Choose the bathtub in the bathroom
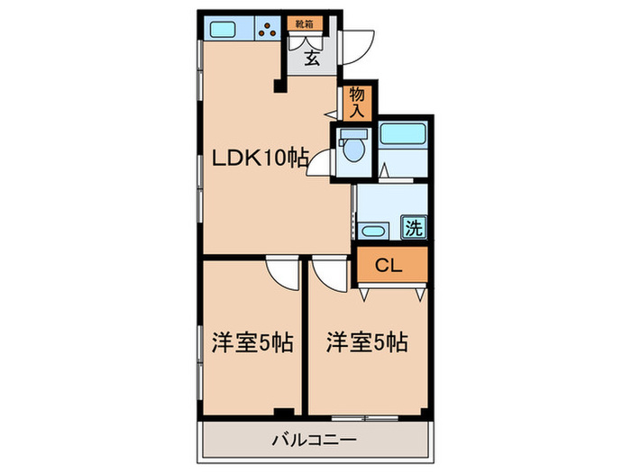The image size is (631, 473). pos(401,135)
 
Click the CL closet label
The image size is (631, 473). pos(388,266)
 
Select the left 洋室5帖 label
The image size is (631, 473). pos(251,342)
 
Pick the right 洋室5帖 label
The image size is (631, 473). pos(367,342)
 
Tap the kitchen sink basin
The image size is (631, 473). pos(223,28)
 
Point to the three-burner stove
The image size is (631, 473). pos(268,29)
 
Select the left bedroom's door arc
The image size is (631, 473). pos(282,273)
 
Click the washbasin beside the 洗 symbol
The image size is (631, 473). pos(371,232)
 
